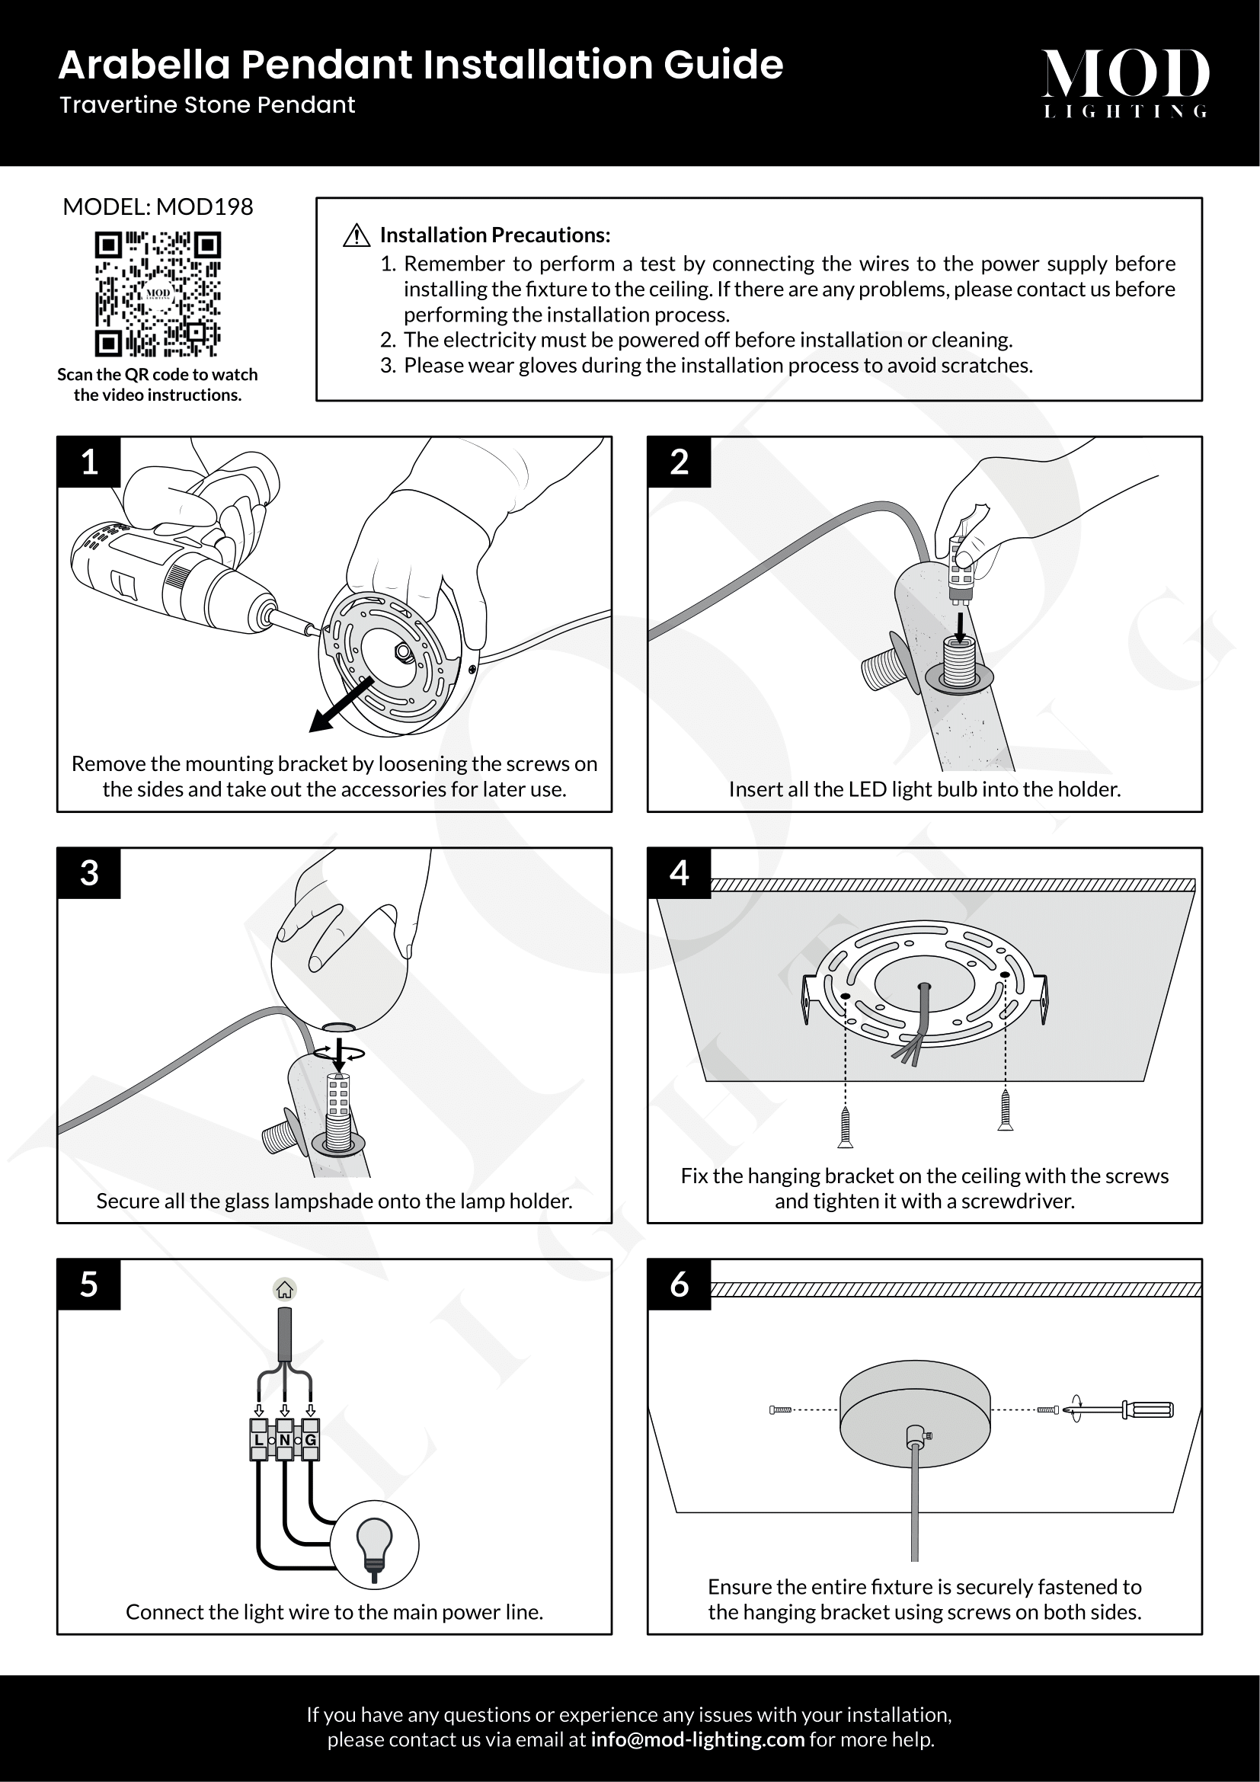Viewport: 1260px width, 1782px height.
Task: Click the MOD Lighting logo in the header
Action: [x=1125, y=82]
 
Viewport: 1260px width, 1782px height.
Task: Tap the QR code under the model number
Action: [x=158, y=294]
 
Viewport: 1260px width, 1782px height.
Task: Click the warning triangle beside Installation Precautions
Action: [x=356, y=235]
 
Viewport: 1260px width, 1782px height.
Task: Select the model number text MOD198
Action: [x=205, y=207]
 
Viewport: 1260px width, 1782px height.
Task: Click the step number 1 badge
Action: [x=89, y=462]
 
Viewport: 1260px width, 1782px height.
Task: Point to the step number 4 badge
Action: [x=679, y=873]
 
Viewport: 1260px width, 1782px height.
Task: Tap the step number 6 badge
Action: [x=679, y=1285]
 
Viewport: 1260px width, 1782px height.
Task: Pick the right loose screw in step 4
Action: [x=1006, y=1110]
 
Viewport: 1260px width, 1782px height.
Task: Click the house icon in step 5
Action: [x=285, y=1290]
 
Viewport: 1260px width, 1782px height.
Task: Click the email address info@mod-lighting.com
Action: [x=698, y=1739]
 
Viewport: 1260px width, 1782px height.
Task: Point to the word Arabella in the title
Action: [x=144, y=65]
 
